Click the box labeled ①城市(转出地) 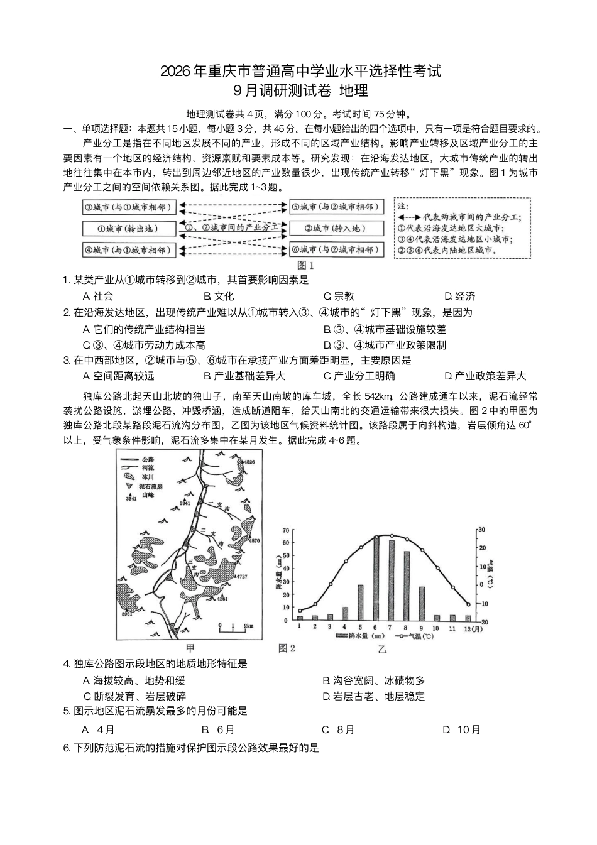(129, 228)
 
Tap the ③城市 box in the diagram (129, 207)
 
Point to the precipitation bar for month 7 (391, 580)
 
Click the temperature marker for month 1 (300, 610)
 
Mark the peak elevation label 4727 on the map (241, 575)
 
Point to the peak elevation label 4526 (249, 462)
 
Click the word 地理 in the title (353, 90)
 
